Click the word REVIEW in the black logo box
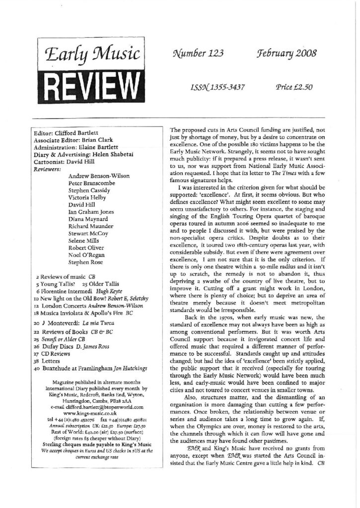[87, 82]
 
